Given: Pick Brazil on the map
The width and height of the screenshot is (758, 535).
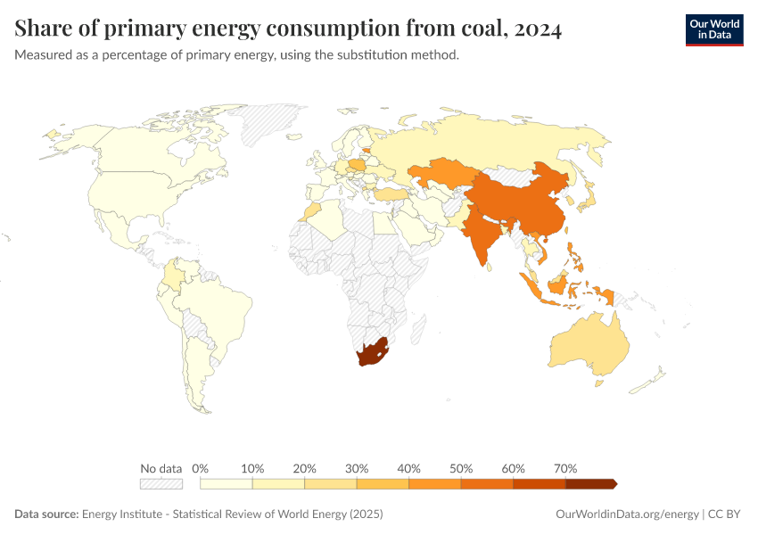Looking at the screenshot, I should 218,308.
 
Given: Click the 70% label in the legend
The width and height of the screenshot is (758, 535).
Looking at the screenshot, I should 565,468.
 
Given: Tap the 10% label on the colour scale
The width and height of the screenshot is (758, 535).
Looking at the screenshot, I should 252,468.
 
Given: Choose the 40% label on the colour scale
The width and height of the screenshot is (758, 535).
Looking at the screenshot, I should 408,468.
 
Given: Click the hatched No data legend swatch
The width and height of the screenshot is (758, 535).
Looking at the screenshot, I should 161,483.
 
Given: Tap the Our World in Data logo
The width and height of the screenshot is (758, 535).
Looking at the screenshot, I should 713,29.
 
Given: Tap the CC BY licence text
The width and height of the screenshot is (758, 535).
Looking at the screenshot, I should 725,514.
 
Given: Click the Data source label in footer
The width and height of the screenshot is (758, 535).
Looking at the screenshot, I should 46,514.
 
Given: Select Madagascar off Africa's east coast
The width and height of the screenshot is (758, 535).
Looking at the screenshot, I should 416,331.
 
